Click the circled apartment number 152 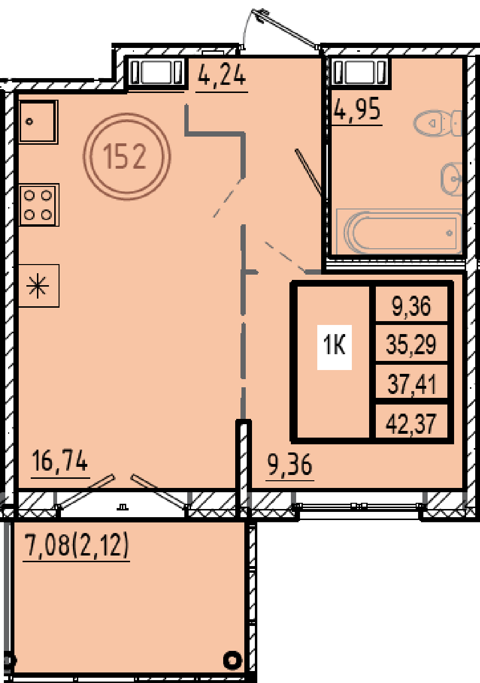(x=127, y=156)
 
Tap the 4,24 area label (x=222, y=76)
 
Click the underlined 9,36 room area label (x=290, y=464)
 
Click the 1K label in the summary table (x=335, y=347)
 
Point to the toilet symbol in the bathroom (x=438, y=124)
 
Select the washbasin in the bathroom (x=451, y=178)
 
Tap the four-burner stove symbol (x=39, y=205)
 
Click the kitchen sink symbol (x=38, y=122)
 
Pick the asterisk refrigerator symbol (x=38, y=286)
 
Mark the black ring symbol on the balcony (x=233, y=660)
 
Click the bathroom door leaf (x=308, y=172)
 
